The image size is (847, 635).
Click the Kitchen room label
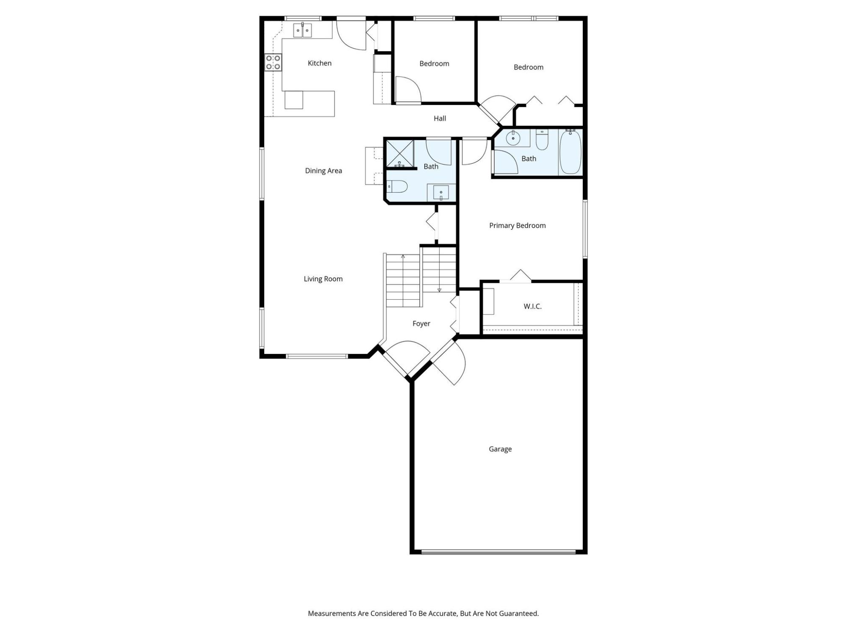[x=319, y=63]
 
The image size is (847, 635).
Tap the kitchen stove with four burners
[x=273, y=62]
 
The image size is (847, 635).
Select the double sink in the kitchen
[x=303, y=30]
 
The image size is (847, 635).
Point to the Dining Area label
[x=324, y=171]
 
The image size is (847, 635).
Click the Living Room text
[x=323, y=279]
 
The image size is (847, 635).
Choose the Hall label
[x=440, y=119]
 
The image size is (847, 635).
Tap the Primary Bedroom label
[x=518, y=226]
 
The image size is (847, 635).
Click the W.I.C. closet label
[x=532, y=306]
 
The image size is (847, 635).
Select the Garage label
[x=500, y=449]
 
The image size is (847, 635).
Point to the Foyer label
[x=421, y=324]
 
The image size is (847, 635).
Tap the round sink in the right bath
[x=513, y=138]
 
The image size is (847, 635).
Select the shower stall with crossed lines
[x=400, y=153]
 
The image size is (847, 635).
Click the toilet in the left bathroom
[x=397, y=186]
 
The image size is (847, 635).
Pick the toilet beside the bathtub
[x=542, y=140]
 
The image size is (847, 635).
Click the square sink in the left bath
[x=441, y=193]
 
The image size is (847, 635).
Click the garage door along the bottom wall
[x=498, y=552]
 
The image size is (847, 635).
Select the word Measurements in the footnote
[x=332, y=613]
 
